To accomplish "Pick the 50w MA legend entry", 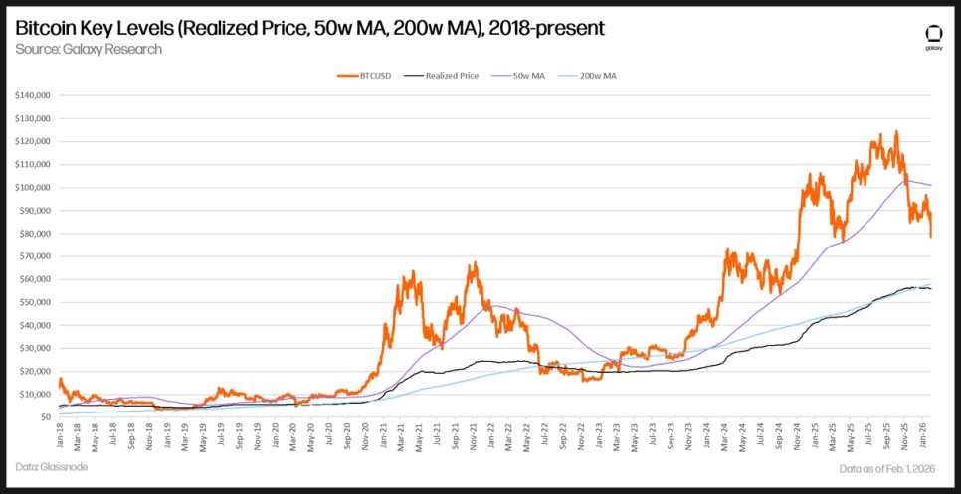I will coord(528,75).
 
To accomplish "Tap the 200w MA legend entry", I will coord(598,75).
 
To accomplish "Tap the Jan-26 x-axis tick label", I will coord(923,434).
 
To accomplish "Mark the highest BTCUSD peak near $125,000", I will coord(896,131).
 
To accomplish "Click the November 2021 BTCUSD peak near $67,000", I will coord(474,262).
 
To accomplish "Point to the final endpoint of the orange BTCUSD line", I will coord(931,236).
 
